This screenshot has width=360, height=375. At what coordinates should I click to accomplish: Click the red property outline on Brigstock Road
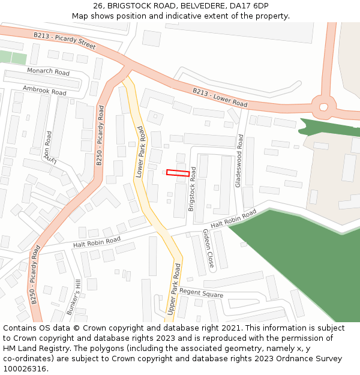point(178,173)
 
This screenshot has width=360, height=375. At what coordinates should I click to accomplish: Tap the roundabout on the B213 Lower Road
point(324,107)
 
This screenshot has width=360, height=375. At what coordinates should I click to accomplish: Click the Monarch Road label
point(49,72)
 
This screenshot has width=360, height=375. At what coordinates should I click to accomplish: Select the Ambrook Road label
point(44,91)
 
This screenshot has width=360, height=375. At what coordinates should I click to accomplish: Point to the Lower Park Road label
point(140,151)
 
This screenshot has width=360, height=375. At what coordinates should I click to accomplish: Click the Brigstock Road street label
point(192,188)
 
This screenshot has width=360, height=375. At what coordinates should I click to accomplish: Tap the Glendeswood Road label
point(239,161)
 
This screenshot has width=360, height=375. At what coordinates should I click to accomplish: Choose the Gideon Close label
point(208,248)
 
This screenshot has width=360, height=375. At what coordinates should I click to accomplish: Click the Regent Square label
point(202,293)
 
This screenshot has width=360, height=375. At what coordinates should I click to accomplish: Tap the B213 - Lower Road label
point(220,98)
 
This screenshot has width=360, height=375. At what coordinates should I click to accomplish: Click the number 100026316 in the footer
point(24,368)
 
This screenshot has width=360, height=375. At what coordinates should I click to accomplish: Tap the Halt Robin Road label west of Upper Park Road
point(96,242)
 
